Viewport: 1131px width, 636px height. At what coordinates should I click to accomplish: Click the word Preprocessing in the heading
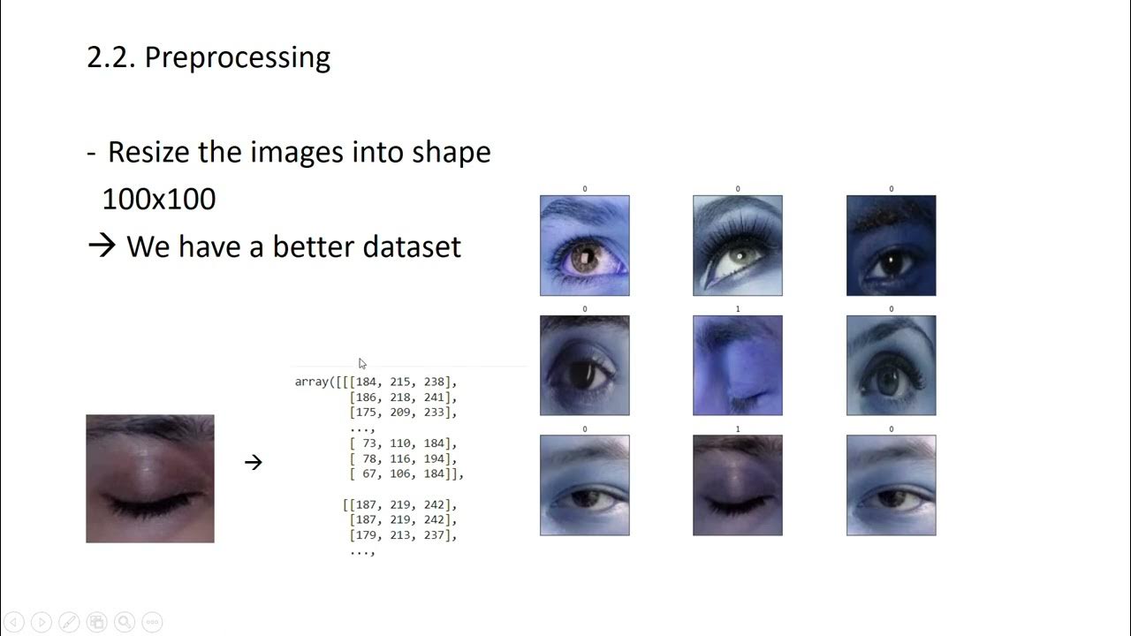coord(237,58)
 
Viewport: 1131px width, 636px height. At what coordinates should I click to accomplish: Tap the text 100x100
coord(159,199)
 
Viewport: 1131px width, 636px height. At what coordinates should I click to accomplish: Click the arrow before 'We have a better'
coord(102,246)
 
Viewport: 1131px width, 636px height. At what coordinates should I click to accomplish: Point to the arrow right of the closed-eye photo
coord(254,462)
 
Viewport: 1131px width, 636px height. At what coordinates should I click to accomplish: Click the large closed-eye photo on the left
coord(150,479)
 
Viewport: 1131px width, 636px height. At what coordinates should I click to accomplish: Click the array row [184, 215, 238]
coord(403,382)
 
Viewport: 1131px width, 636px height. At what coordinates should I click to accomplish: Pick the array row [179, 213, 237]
coord(403,534)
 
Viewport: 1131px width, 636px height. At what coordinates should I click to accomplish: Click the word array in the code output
coord(312,382)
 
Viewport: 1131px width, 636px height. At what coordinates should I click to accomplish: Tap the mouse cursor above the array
coord(362,363)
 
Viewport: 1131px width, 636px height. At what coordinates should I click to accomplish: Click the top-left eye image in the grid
coord(585,246)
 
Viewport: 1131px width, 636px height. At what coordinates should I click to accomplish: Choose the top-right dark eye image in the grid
coord(891,246)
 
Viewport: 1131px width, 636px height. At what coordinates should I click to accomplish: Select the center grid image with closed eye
coord(738,365)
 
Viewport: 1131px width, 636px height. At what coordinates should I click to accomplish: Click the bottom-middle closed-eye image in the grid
coord(738,485)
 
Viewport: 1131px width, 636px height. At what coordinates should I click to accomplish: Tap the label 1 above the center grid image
coord(738,309)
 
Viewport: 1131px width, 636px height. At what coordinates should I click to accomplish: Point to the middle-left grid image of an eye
coord(585,365)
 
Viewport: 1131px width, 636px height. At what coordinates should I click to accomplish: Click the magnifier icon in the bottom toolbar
coord(125,622)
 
